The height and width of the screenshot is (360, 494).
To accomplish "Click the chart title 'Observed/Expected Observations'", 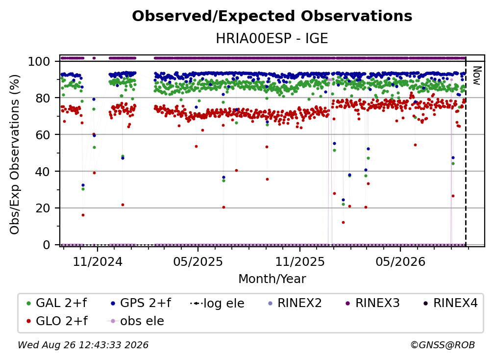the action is [x=272, y=16].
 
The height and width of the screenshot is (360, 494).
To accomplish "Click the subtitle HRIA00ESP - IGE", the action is [x=272, y=38].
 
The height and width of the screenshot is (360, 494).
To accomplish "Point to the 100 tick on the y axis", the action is [x=39, y=61].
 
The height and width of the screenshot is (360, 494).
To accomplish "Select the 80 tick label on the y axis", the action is [x=43, y=98].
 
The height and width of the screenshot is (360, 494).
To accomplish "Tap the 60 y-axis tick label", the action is [x=43, y=134].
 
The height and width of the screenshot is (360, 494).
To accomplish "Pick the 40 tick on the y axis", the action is [x=43, y=172].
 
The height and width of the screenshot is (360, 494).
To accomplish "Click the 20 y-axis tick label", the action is [x=43, y=208].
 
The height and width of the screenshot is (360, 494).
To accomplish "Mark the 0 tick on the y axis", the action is [x=46, y=245].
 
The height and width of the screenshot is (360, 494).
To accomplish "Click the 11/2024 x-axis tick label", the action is [x=98, y=261].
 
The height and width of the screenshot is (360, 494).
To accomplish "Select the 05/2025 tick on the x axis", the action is [x=198, y=261].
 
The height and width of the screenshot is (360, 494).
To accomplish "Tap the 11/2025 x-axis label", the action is [x=300, y=261].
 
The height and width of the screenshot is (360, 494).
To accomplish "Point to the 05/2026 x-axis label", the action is [x=400, y=261].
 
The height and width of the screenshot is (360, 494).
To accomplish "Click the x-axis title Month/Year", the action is [x=272, y=279].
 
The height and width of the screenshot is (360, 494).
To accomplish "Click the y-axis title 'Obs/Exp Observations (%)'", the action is [x=15, y=154].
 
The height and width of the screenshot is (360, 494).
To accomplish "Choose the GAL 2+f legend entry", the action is [x=57, y=303].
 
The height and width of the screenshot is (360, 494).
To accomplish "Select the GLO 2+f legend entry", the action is [x=57, y=321].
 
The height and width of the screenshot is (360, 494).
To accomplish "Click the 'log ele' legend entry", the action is [x=218, y=303].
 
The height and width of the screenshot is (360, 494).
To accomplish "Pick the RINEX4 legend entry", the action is [x=450, y=303].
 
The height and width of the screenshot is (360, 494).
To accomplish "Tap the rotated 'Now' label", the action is [x=477, y=76].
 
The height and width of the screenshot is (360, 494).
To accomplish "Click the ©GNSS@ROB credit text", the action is [x=443, y=345].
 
